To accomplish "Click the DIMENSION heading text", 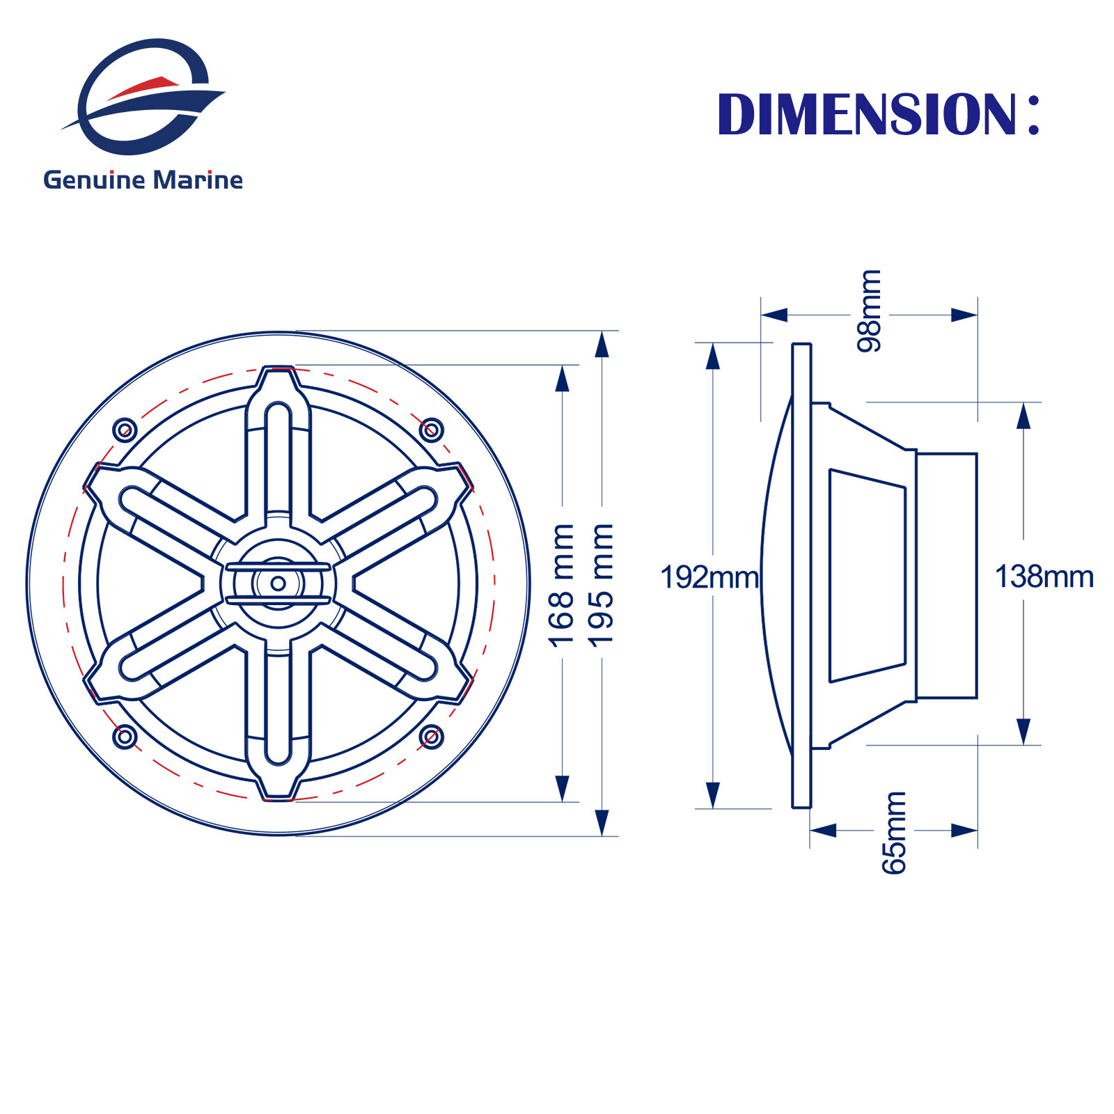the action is pyautogui.click(x=879, y=113).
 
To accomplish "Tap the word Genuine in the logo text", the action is pyautogui.click(x=94, y=180).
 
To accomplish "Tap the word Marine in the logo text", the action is pyautogui.click(x=198, y=180).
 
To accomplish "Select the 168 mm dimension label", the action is pyautogui.click(x=562, y=586).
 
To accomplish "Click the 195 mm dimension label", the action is pyautogui.click(x=601, y=586).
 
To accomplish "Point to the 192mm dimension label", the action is pyautogui.click(x=709, y=577).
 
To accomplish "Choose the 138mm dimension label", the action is pyautogui.click(x=1044, y=576).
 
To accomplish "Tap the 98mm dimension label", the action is pyautogui.click(x=869, y=311).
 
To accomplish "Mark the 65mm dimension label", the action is pyautogui.click(x=894, y=832).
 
